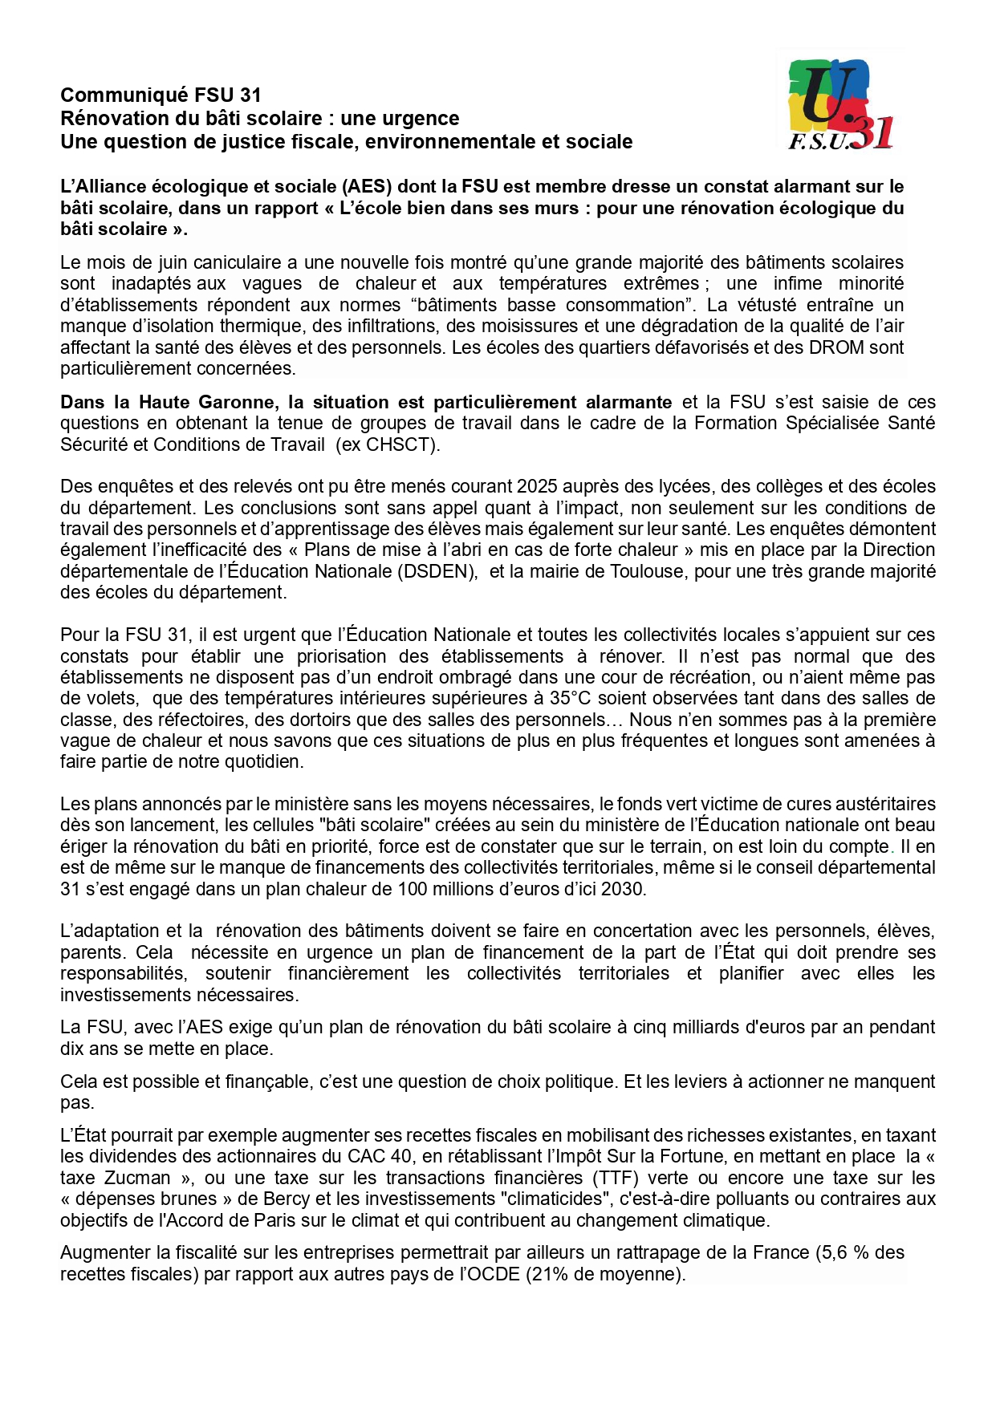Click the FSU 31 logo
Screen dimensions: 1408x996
coord(839,104)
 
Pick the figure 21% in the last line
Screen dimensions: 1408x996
coord(547,1274)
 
